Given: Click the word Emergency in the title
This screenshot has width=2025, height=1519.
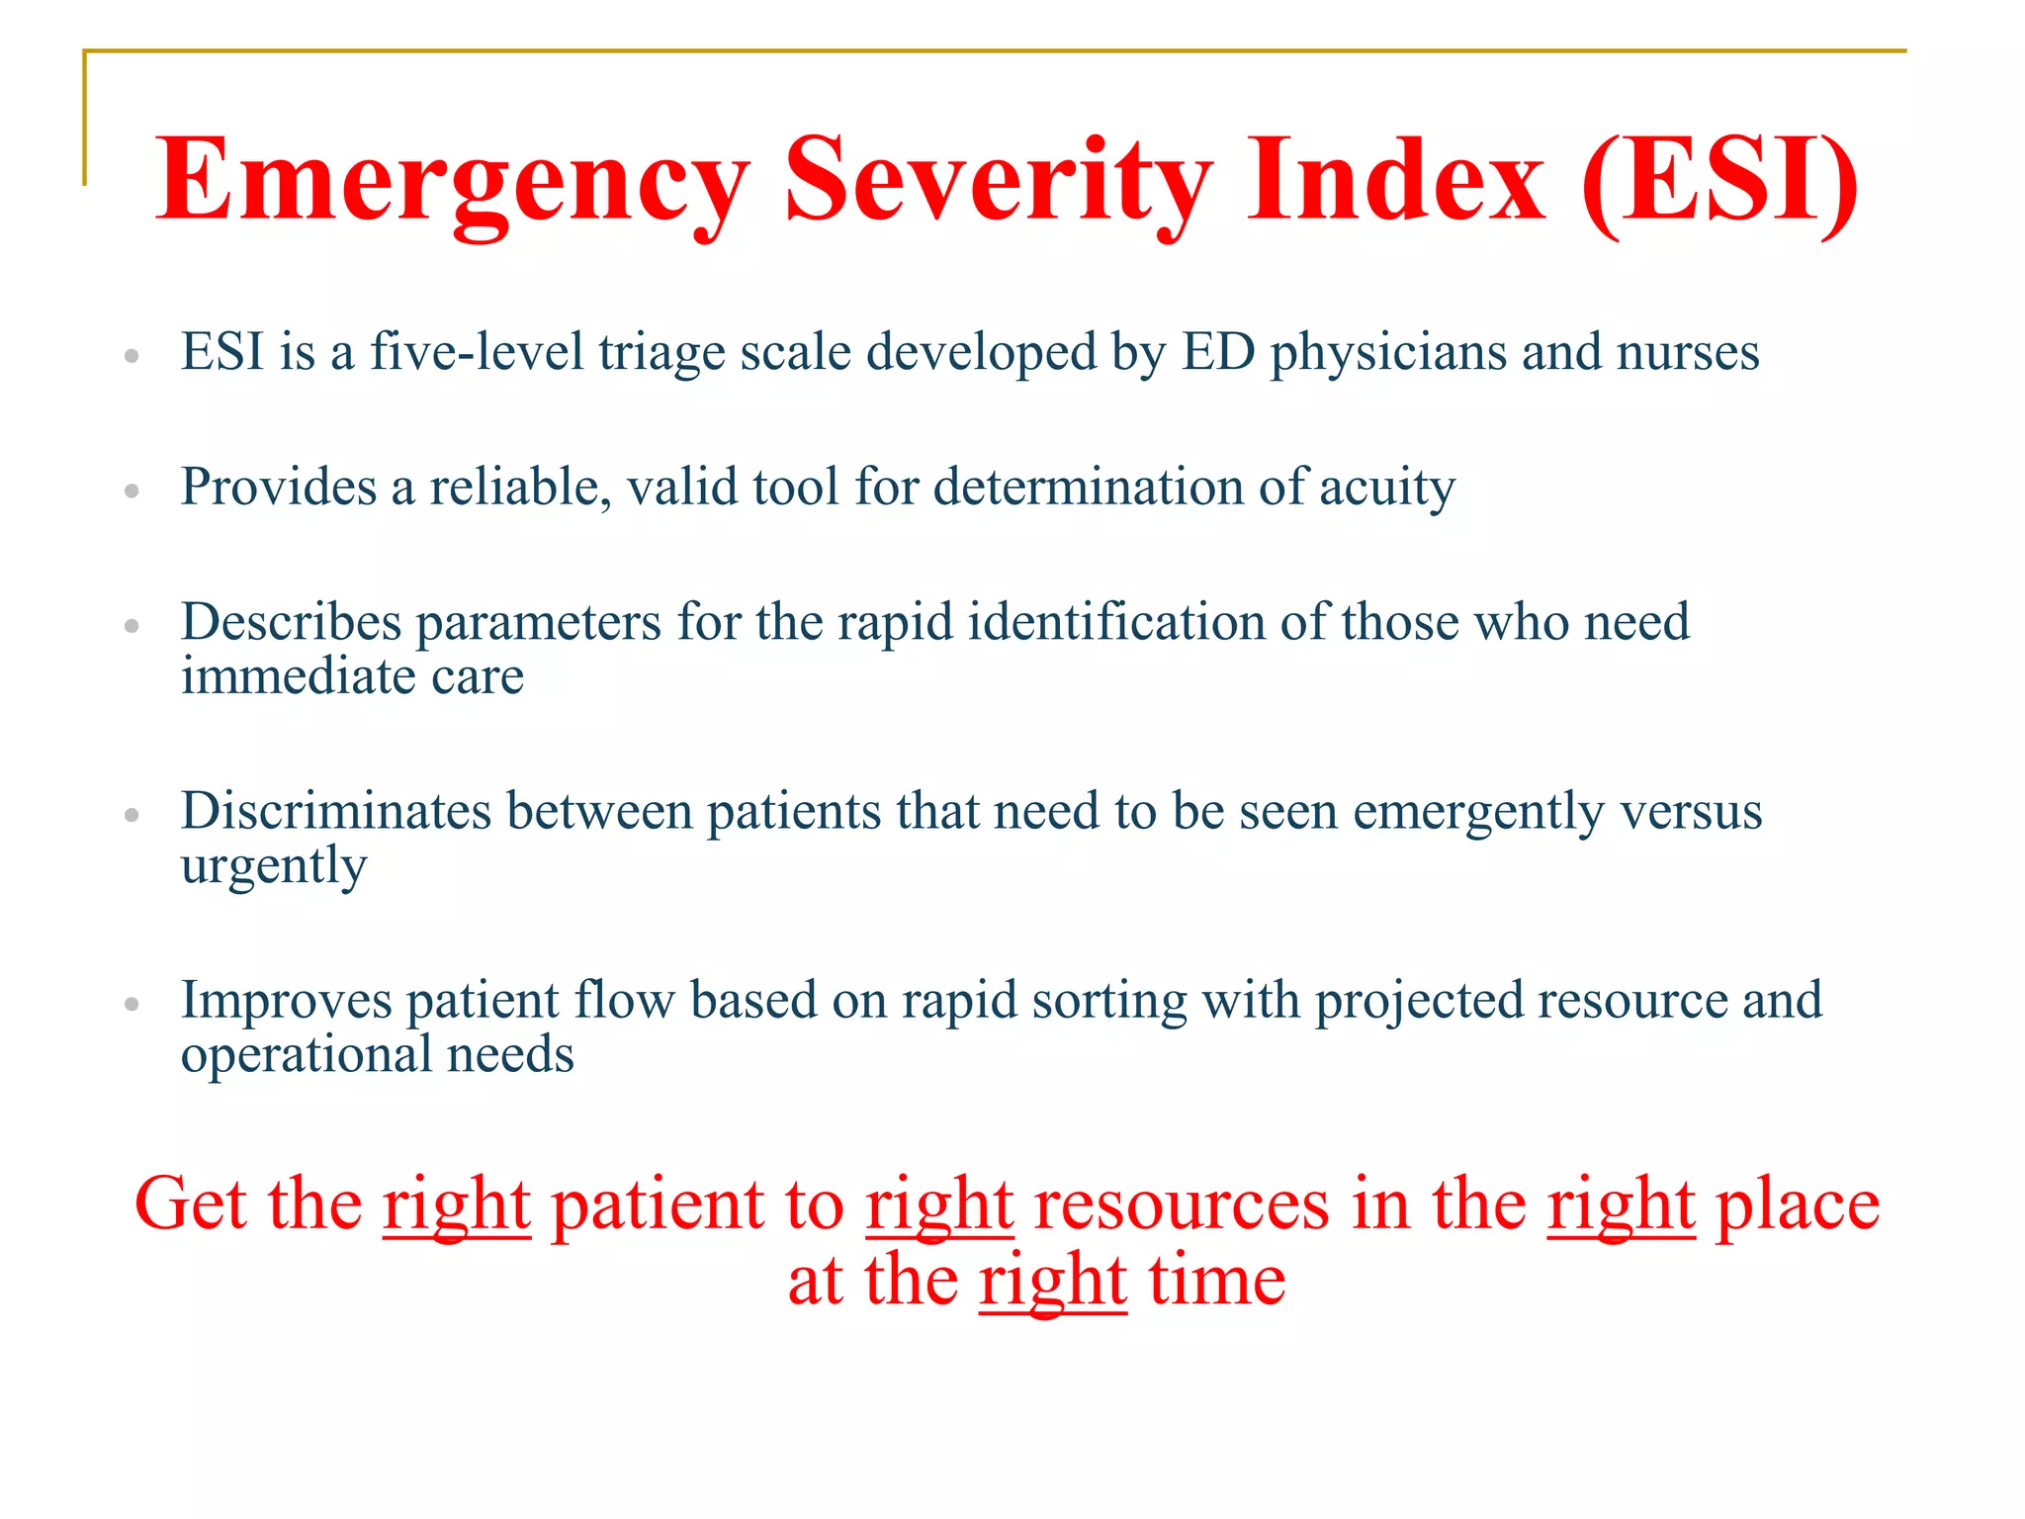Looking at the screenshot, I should pos(452,181).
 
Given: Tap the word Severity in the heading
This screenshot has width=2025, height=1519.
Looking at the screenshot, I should pos(998,181).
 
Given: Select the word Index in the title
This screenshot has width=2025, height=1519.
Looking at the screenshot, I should pos(1394,181).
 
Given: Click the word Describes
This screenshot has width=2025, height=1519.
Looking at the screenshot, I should pos(292,622).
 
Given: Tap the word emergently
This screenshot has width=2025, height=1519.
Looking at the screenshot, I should pos(1477,813).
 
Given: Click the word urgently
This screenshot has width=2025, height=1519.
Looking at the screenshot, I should pos(274,867).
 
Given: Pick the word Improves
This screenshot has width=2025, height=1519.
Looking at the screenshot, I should pos(287,1000).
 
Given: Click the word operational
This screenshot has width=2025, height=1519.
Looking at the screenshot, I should pos(306,1054).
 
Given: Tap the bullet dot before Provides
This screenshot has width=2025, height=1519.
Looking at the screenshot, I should pos(132,490).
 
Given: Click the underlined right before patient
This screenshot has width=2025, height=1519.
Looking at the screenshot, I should pos(457,1205).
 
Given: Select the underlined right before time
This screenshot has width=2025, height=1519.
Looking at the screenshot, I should pos(1053,1282).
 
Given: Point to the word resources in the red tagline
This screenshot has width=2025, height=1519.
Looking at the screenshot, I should pos(1182,1205).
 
